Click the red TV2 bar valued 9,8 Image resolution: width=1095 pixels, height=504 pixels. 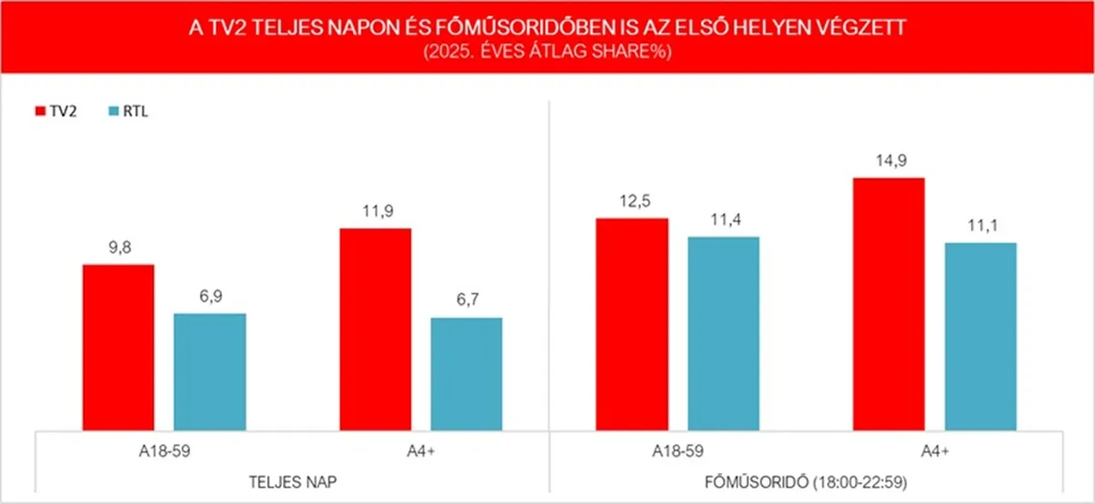point(119,347)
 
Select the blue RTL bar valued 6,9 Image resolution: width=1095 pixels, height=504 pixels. point(210,371)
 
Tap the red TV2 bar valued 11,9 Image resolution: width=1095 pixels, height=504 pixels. point(375,329)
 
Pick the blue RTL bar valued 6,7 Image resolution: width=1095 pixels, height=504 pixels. point(466,373)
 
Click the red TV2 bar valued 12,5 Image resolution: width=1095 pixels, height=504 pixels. point(631,324)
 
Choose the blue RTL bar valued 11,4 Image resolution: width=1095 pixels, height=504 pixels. point(723,333)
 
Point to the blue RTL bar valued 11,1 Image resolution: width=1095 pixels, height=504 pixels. point(980,336)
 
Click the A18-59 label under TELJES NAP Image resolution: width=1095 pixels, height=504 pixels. point(164,450)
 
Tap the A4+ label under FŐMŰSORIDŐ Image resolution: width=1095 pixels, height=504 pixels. point(933,450)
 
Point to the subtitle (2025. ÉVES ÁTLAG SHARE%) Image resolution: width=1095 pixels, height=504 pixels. point(547,52)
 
